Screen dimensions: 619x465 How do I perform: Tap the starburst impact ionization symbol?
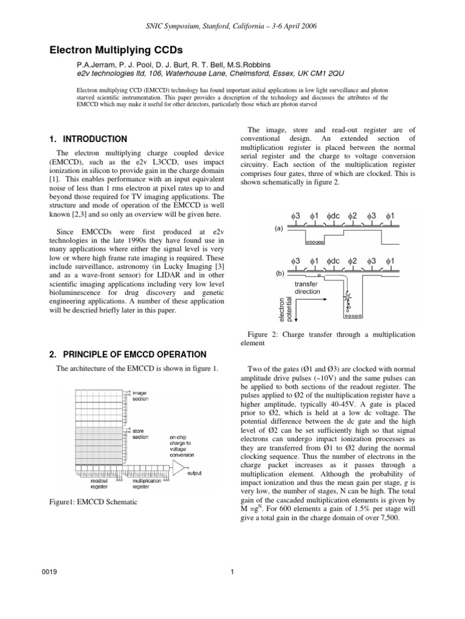tap(348, 298)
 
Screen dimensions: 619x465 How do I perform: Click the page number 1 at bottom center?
tap(232, 591)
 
